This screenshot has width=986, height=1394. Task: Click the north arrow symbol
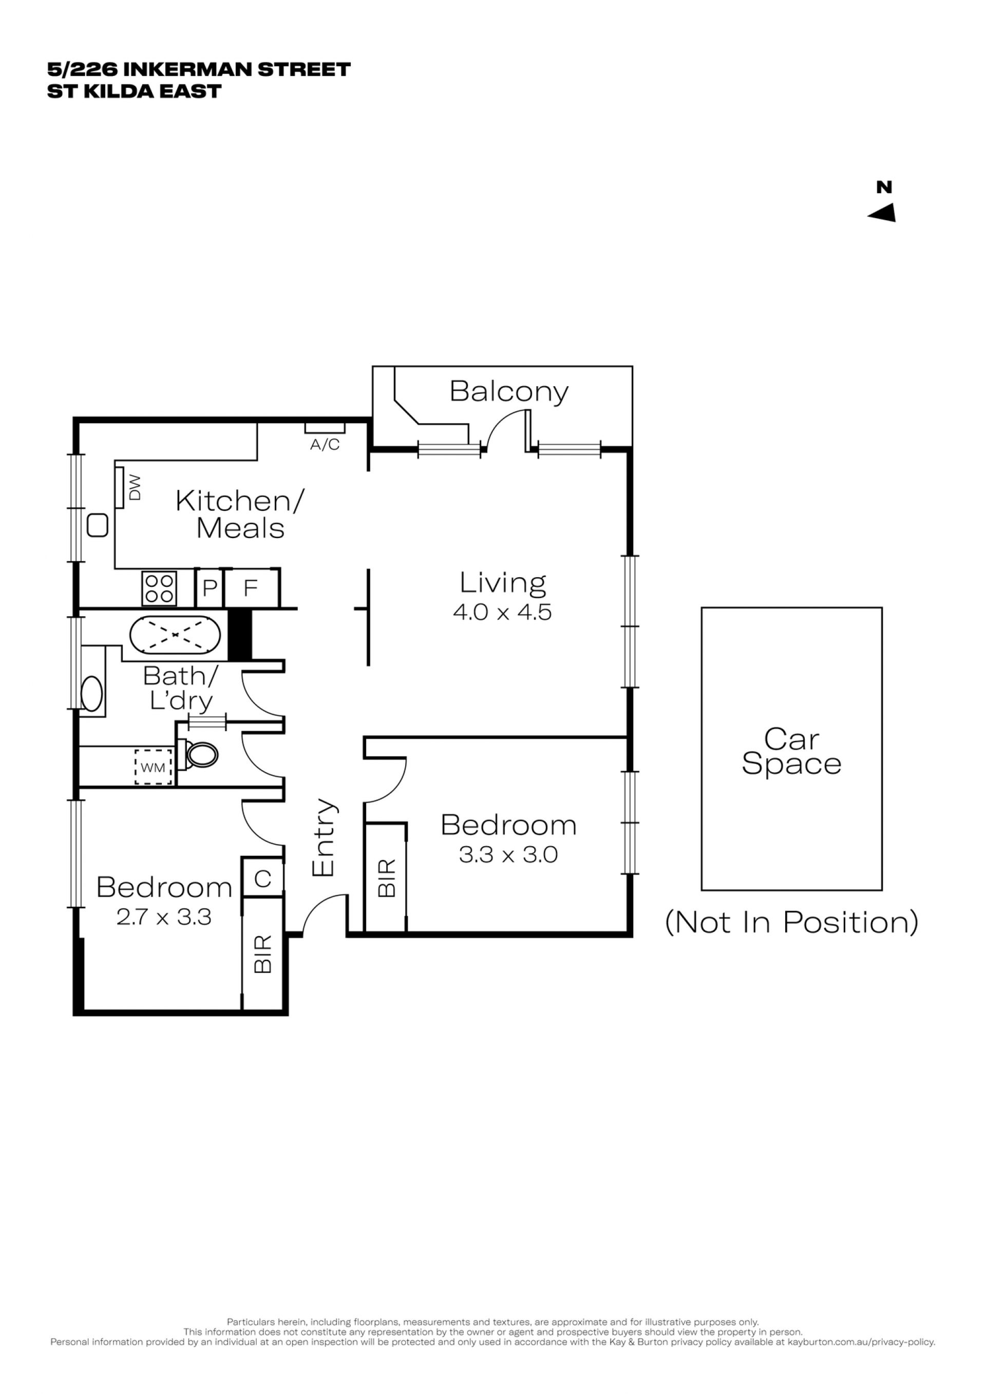point(883,213)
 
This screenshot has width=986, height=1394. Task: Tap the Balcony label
point(509,392)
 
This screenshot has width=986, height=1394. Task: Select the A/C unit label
point(325,445)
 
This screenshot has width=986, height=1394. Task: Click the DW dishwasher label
point(135,488)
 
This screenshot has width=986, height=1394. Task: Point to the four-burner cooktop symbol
point(159,588)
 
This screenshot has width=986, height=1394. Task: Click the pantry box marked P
point(210,588)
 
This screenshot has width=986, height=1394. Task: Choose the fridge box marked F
point(251,588)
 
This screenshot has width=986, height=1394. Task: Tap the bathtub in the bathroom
point(175,635)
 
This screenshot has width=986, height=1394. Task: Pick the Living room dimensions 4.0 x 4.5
point(502,612)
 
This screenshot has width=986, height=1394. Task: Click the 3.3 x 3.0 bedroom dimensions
point(508,855)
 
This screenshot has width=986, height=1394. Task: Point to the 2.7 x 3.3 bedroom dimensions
point(164,917)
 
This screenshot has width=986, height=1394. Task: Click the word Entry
point(323,837)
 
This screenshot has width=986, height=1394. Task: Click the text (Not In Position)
point(792,922)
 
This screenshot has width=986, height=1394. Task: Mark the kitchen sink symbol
point(98,525)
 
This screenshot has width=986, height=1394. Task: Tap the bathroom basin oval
point(92,693)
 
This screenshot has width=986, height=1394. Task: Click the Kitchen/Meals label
point(240,515)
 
